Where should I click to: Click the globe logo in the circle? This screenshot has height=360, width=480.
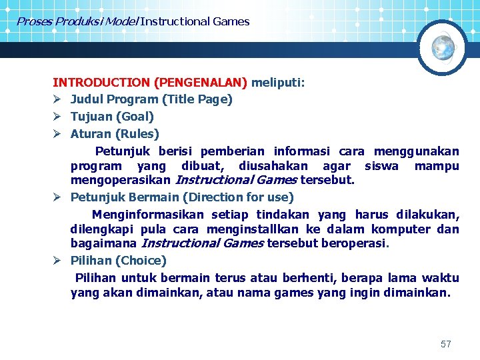point(443,47)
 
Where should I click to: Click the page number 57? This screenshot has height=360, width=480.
point(446,344)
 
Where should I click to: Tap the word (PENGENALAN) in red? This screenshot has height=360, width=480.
point(201,83)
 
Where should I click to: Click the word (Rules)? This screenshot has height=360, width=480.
point(137,134)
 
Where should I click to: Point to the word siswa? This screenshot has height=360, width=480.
point(381,165)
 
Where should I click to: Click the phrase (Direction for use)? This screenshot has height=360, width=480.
point(238,197)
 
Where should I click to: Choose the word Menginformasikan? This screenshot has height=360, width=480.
point(148,215)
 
